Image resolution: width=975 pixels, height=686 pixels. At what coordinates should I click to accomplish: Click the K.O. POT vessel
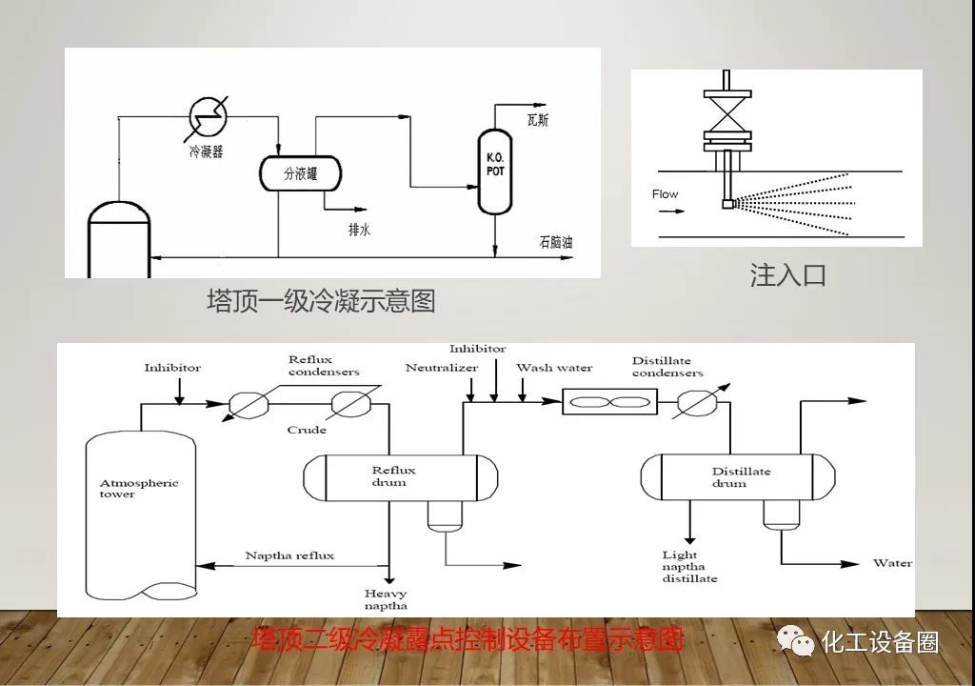click(x=494, y=171)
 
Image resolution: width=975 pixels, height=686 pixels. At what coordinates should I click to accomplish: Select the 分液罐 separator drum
click(x=300, y=173)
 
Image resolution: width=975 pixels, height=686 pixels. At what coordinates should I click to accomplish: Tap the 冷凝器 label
click(x=205, y=151)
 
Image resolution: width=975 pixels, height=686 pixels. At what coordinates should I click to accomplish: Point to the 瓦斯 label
click(x=538, y=120)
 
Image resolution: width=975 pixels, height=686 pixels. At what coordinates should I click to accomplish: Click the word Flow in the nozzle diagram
click(x=665, y=194)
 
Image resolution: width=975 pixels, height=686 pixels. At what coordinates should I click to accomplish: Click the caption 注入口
click(x=787, y=276)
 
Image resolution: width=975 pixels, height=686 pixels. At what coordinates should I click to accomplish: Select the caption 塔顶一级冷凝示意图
click(x=321, y=301)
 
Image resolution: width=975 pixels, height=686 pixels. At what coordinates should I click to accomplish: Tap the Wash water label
click(x=554, y=368)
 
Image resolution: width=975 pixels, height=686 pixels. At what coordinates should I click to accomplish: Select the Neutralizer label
click(x=440, y=368)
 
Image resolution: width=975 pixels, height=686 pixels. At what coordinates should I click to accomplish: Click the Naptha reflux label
click(x=289, y=555)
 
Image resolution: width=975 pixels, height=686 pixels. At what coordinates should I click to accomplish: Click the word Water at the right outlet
click(x=892, y=563)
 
